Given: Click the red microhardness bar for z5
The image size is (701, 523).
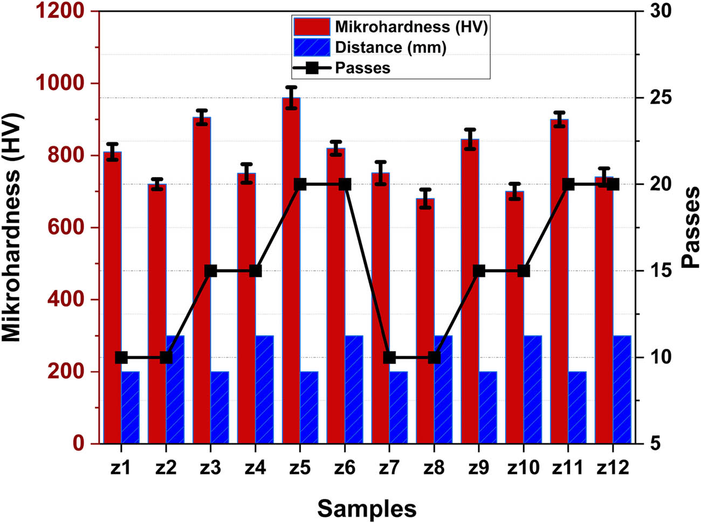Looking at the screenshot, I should tap(291, 270).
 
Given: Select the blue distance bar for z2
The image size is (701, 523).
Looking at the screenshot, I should tap(175, 389).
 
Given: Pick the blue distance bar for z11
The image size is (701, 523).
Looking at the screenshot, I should tap(577, 407).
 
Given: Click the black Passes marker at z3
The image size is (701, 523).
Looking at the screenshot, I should tap(211, 271).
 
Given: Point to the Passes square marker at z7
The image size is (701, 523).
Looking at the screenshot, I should tap(390, 357).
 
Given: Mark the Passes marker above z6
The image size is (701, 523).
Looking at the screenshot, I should tap(345, 185).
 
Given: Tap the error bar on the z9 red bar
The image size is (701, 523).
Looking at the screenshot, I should tap(470, 139).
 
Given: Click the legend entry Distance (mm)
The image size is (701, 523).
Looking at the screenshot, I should tap(390, 47).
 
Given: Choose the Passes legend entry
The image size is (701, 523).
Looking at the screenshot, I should tap(362, 68).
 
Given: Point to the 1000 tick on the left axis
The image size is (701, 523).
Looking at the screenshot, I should tap(59, 83).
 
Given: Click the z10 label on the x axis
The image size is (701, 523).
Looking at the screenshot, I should tap(523, 467).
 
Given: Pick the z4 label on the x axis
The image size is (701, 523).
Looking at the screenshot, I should tap(255, 467).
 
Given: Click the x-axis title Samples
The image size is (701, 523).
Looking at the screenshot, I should tap(367, 508).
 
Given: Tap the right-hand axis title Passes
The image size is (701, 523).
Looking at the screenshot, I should tap(690, 227).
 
